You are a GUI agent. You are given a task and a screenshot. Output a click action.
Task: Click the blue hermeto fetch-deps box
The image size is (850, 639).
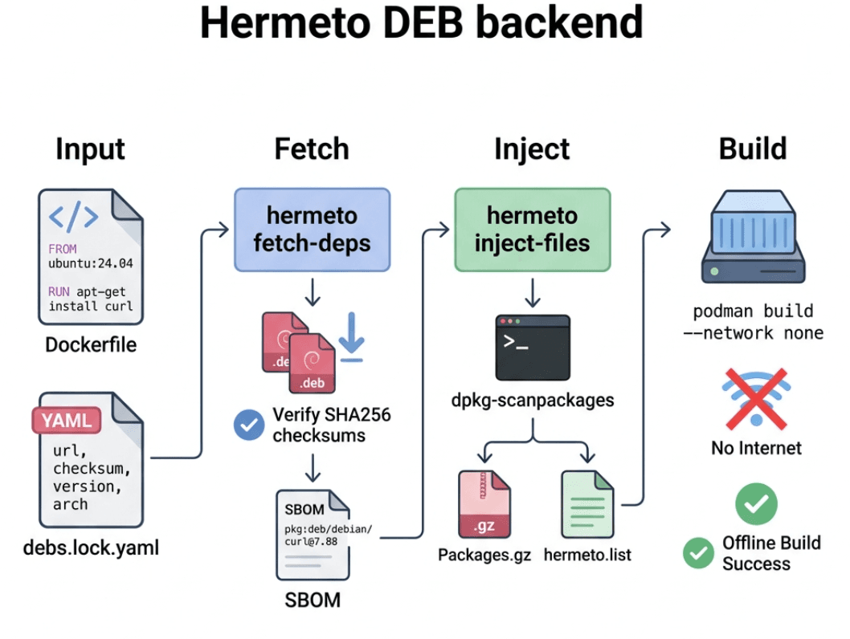[312, 229]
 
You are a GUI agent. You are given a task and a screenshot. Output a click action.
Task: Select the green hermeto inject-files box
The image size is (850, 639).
[532, 229]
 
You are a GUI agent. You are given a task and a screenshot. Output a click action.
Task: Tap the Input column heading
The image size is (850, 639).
[90, 149]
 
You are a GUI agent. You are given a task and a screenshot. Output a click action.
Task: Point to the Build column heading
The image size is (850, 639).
[752, 149]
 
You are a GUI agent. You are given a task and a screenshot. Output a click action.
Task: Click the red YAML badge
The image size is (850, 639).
[66, 420]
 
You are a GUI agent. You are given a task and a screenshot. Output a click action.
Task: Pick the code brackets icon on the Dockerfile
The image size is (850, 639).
[74, 216]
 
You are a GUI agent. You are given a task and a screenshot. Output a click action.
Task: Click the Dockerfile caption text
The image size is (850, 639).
[91, 345]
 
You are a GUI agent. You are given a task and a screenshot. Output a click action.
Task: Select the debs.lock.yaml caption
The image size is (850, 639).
[91, 548]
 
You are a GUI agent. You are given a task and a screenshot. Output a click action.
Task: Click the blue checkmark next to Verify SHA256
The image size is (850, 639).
[249, 425]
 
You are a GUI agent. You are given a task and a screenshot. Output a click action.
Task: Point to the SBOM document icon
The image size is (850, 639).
[313, 535]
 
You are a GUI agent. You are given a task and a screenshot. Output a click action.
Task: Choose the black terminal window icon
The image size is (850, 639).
[532, 348]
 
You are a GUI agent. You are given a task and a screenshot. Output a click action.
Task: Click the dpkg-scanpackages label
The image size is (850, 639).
[533, 399]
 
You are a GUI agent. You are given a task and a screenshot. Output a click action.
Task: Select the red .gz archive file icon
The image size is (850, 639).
[484, 504]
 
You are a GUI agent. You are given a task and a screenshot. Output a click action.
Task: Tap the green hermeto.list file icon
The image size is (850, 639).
[588, 504]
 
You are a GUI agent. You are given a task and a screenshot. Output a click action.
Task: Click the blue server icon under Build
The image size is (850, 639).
[753, 239]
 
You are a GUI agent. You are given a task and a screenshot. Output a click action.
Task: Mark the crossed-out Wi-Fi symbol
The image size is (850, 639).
[755, 397]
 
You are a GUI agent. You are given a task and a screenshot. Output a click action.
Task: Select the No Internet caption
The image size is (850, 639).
[756, 447]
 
